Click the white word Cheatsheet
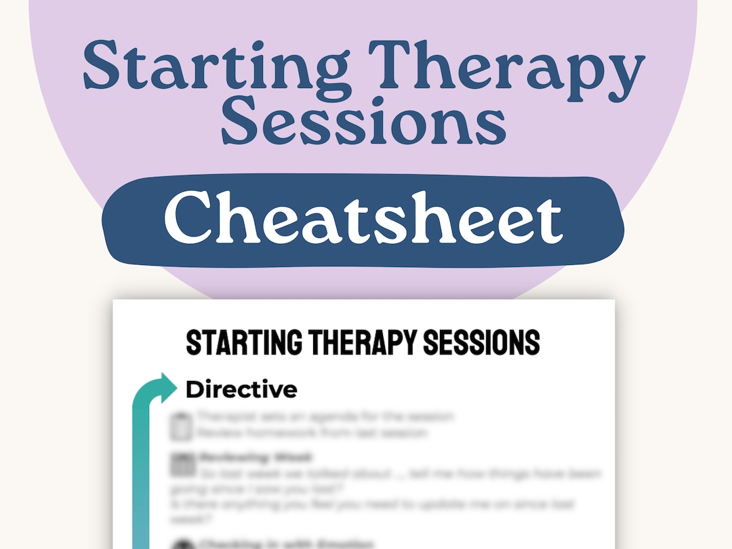pos(363,216)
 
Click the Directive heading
pos(241,390)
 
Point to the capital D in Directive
pos(195,390)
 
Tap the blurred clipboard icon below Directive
pos(180,426)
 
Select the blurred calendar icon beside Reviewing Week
pos(180,465)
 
